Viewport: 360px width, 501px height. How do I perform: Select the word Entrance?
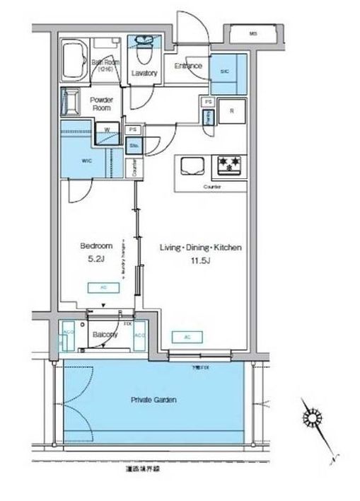[x=187, y=67]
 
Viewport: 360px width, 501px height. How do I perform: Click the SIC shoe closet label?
[x=224, y=71]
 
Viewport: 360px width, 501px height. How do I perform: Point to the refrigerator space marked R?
[x=231, y=111]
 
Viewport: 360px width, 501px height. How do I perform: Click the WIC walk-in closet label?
[x=87, y=161]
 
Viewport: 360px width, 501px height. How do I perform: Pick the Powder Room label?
[x=101, y=105]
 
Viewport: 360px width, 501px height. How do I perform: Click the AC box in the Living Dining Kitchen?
[x=186, y=337]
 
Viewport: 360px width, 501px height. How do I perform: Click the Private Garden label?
[x=153, y=400]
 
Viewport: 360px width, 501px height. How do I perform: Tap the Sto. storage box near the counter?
[x=133, y=146]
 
